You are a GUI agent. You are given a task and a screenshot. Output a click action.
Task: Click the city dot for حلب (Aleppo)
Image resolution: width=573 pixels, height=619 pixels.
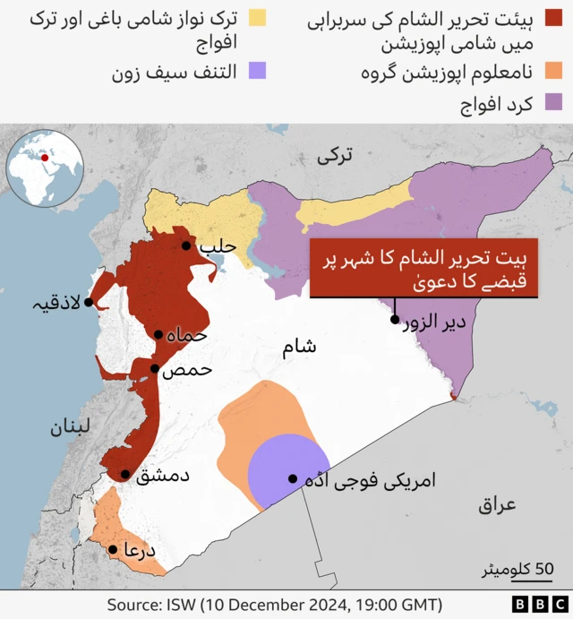(x=186, y=245)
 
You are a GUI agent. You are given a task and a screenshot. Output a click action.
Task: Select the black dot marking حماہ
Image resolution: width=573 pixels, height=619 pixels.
(x=158, y=335)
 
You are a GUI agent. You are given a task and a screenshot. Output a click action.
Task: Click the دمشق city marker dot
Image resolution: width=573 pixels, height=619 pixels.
(x=125, y=475)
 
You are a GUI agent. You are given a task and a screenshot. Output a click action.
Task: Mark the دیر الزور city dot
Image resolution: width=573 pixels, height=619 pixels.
(x=394, y=320)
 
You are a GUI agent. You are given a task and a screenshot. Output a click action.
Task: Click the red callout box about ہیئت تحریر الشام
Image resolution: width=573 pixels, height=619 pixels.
(x=423, y=268)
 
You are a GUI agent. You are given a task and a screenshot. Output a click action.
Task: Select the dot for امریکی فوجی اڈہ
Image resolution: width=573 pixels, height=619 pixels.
(x=292, y=478)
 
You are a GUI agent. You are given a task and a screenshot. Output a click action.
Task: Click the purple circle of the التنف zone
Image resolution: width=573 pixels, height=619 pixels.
(x=279, y=470)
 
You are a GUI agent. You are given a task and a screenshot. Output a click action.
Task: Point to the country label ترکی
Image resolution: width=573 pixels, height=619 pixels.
(x=336, y=156)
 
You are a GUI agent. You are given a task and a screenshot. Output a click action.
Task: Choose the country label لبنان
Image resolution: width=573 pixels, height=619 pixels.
(x=71, y=427)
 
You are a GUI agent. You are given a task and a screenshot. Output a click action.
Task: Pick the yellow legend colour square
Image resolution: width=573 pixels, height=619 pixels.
(x=259, y=17)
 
